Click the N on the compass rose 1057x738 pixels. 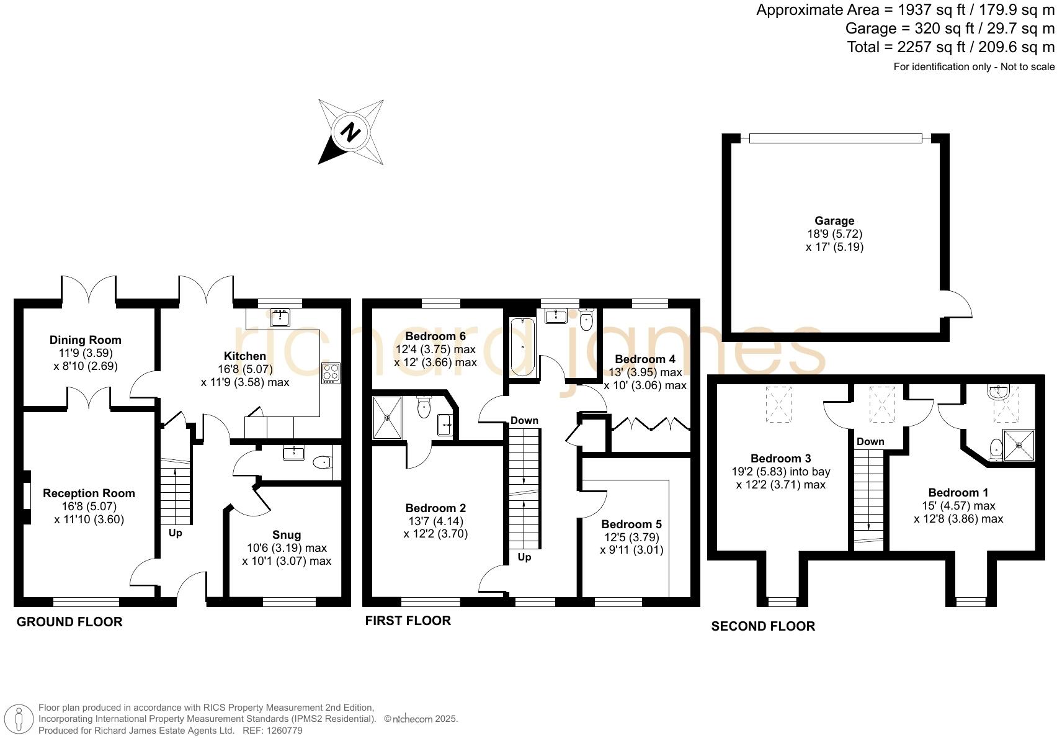click(351, 132)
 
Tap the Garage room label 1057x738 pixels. click(834, 221)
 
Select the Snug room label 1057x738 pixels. click(287, 535)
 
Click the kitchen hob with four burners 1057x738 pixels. click(331, 372)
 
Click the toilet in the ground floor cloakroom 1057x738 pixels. click(322, 462)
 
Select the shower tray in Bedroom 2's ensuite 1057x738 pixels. click(388, 418)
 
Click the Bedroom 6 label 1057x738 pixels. click(435, 336)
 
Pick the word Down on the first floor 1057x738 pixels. click(524, 421)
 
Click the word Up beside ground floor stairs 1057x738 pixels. click(176, 533)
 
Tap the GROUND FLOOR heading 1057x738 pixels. click(69, 622)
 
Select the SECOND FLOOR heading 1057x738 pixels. click(763, 626)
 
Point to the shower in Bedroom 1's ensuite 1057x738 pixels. click(1019, 445)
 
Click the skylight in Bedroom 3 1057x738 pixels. click(778, 405)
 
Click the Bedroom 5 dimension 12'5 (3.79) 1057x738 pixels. click(631, 538)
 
